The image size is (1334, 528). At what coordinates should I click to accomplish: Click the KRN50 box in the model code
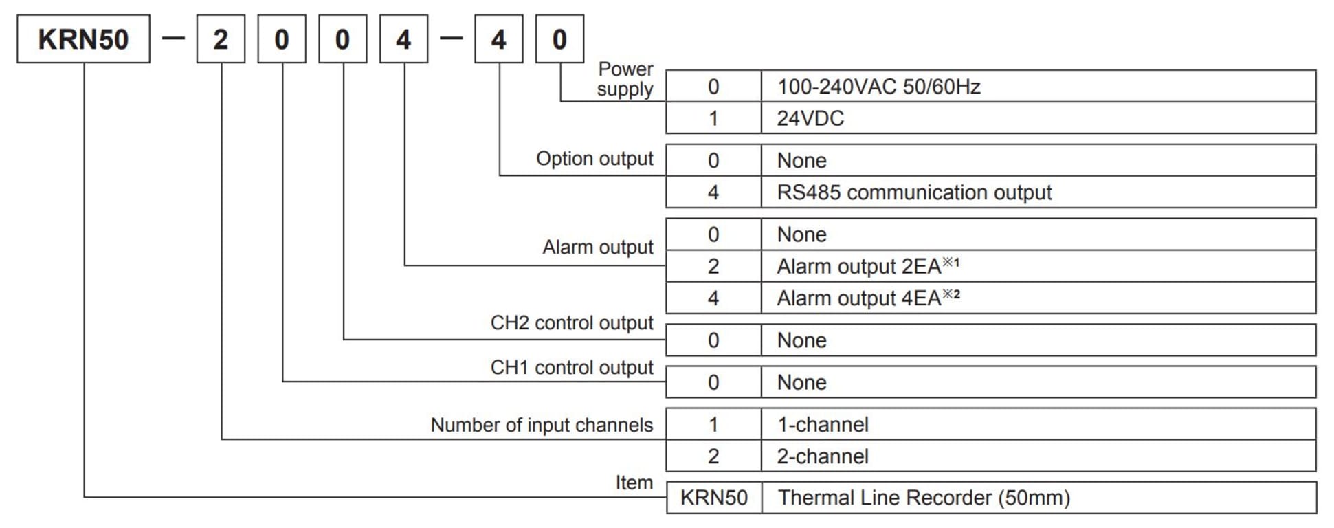tap(83, 39)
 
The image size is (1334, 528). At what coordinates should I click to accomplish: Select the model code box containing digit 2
tap(221, 39)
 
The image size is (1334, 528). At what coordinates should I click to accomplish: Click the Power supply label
tap(625, 79)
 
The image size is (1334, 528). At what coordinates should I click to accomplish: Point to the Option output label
tap(594, 159)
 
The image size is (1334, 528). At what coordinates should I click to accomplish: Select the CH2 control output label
tap(572, 323)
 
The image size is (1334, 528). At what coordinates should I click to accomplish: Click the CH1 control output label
tap(572, 368)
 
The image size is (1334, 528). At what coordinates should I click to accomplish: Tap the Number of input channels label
tap(542, 425)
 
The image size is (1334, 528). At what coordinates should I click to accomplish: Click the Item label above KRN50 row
tap(634, 483)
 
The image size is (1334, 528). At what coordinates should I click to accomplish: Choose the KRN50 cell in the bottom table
tap(713, 498)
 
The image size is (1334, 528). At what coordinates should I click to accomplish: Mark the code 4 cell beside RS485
tap(713, 192)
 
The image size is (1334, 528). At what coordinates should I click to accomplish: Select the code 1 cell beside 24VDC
tap(713, 118)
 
